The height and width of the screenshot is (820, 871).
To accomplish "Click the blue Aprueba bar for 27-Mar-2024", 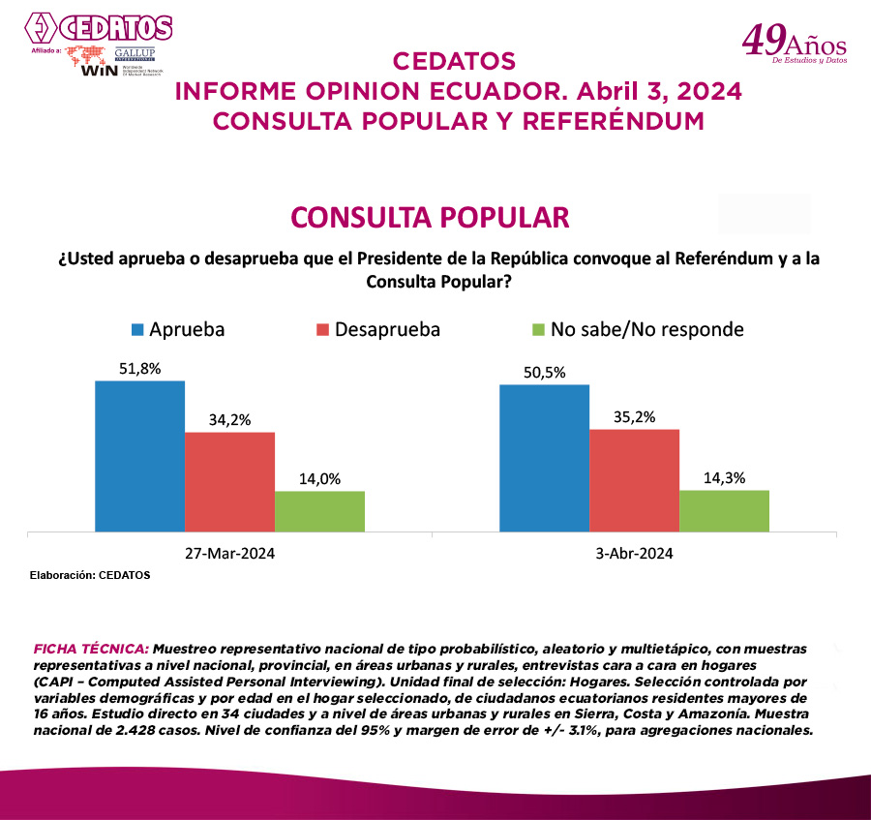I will point(139,456).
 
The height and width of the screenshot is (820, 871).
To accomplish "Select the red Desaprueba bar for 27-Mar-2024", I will point(229,481).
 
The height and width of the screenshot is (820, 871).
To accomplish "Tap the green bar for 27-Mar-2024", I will point(319,511).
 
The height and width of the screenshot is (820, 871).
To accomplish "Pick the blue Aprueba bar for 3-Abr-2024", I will point(544,458).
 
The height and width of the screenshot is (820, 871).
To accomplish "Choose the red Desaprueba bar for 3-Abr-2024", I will point(634,480).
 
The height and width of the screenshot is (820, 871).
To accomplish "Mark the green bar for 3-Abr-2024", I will point(724,510).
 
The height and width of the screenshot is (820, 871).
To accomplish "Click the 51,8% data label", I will point(139,368).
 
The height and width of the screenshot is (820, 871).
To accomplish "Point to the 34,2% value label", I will point(229,419).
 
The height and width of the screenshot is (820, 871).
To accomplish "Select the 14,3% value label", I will point(724,477).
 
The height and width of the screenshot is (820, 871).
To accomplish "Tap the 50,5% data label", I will point(544,372).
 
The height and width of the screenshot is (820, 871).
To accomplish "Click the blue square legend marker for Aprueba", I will point(137,329).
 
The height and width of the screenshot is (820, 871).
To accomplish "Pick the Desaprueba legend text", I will point(387,329).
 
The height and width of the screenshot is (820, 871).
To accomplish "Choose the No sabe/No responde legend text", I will point(646,329).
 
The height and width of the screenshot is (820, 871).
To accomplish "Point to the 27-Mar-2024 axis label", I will point(229,554).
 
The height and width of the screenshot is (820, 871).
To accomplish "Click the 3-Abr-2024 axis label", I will point(634,554).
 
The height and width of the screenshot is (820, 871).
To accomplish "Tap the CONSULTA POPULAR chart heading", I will point(431,217).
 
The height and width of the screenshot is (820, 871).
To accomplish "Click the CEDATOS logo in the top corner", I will point(97,27).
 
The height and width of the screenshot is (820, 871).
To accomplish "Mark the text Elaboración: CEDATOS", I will point(90,575).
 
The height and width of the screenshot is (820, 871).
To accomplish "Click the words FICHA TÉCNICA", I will point(91,646).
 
